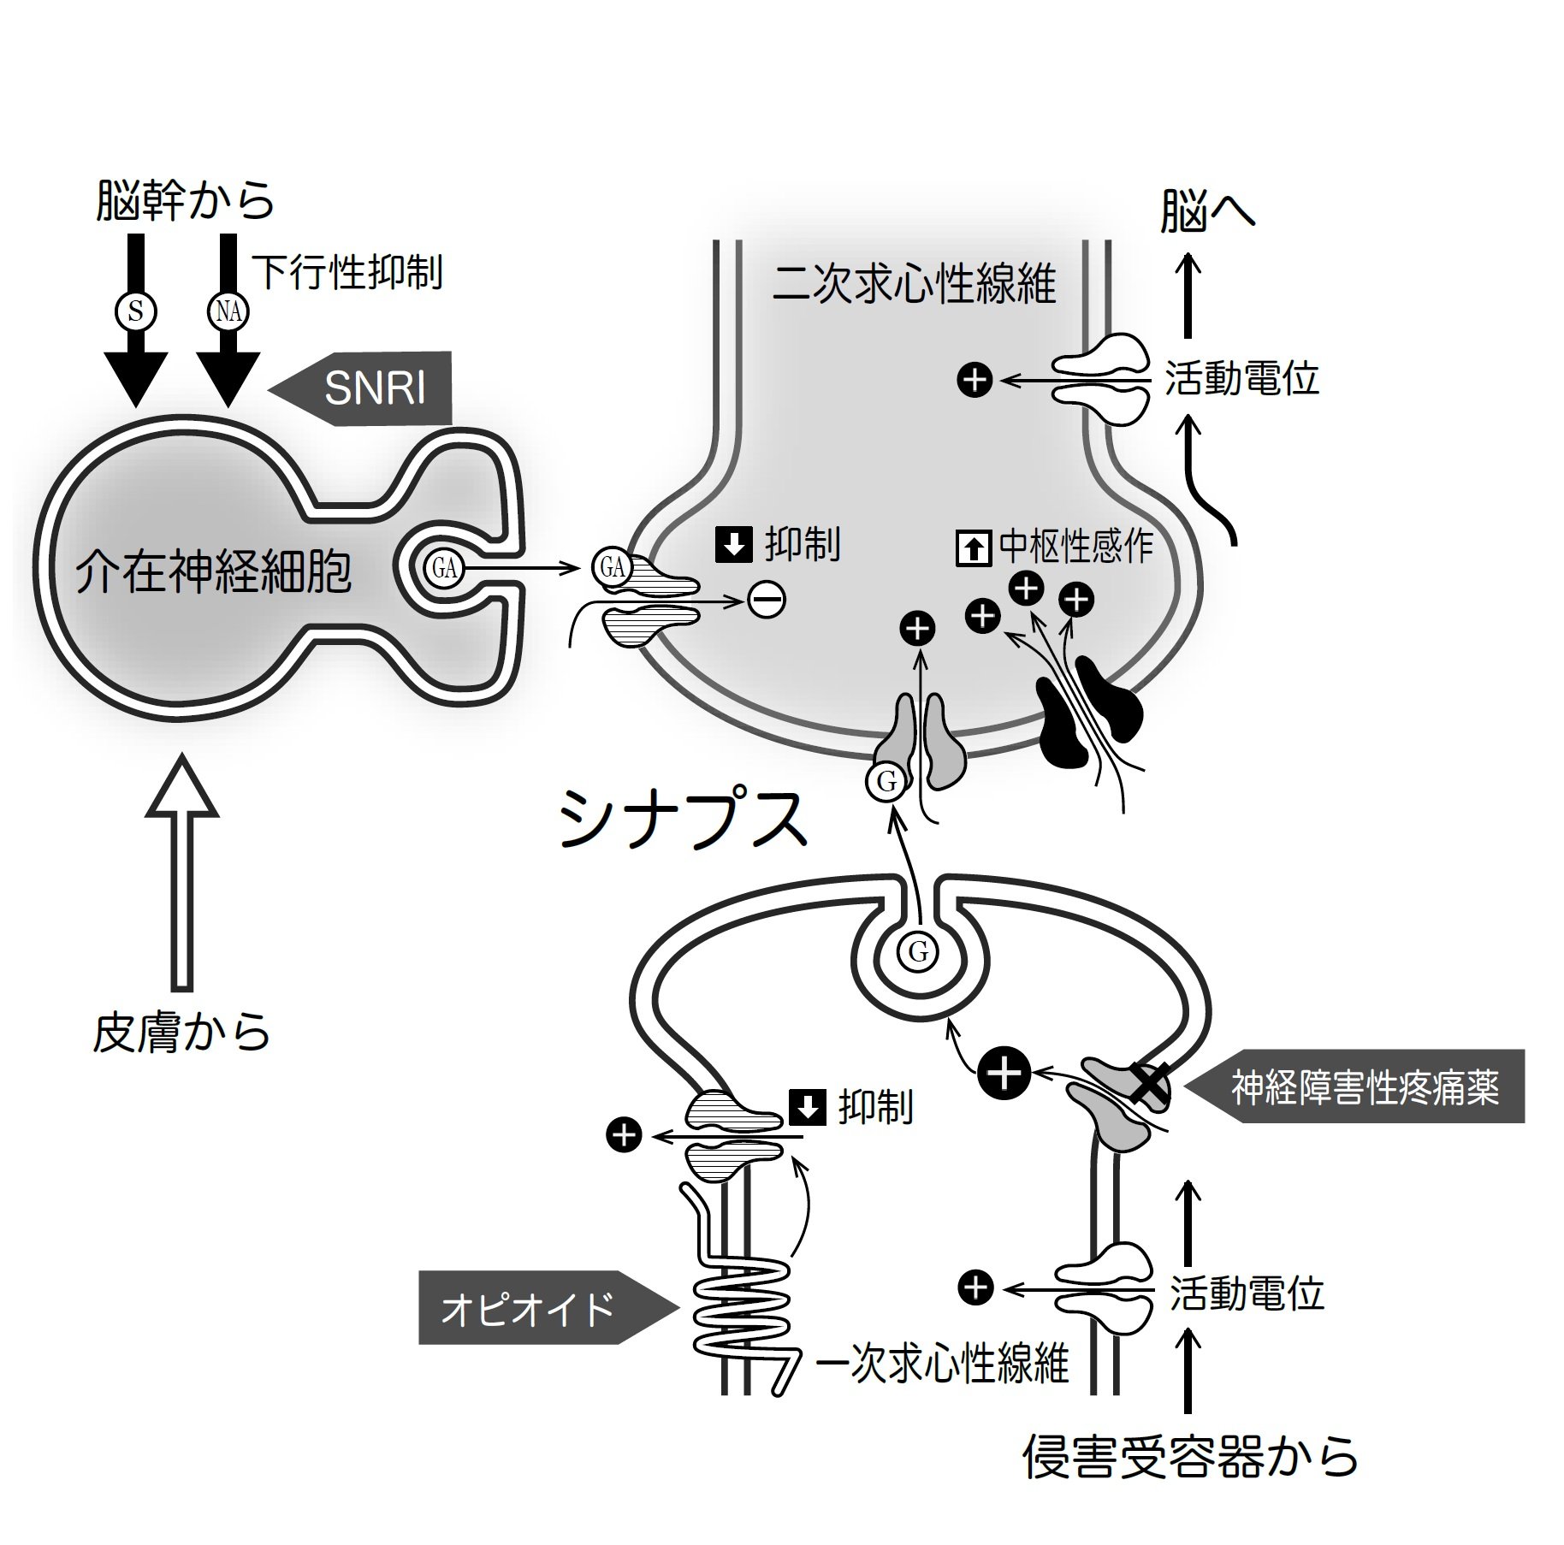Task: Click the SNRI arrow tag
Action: pos(368,388)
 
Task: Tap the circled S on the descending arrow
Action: pos(136,311)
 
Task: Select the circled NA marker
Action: pos(228,311)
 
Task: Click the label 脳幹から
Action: pos(185,200)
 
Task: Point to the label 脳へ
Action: pos(1206,211)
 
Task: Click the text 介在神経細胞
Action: pos(214,571)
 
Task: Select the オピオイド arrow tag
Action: pos(539,1308)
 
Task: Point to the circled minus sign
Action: pos(766,601)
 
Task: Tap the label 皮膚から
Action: pos(181,1033)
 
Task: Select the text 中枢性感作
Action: pos(1075,547)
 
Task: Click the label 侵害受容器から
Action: pos(1190,1457)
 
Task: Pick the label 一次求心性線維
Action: pos(942,1362)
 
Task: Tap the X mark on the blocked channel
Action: pos(1146,1083)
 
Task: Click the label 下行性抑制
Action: pos(347,273)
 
